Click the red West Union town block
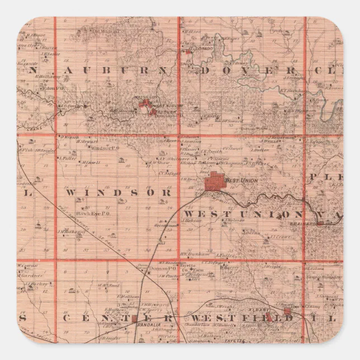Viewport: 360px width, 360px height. pyautogui.click(x=214, y=183)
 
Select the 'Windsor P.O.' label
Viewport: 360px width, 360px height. pyautogui.click(x=105, y=148)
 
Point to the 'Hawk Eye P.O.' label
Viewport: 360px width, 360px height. pyautogui.click(x=88, y=214)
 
